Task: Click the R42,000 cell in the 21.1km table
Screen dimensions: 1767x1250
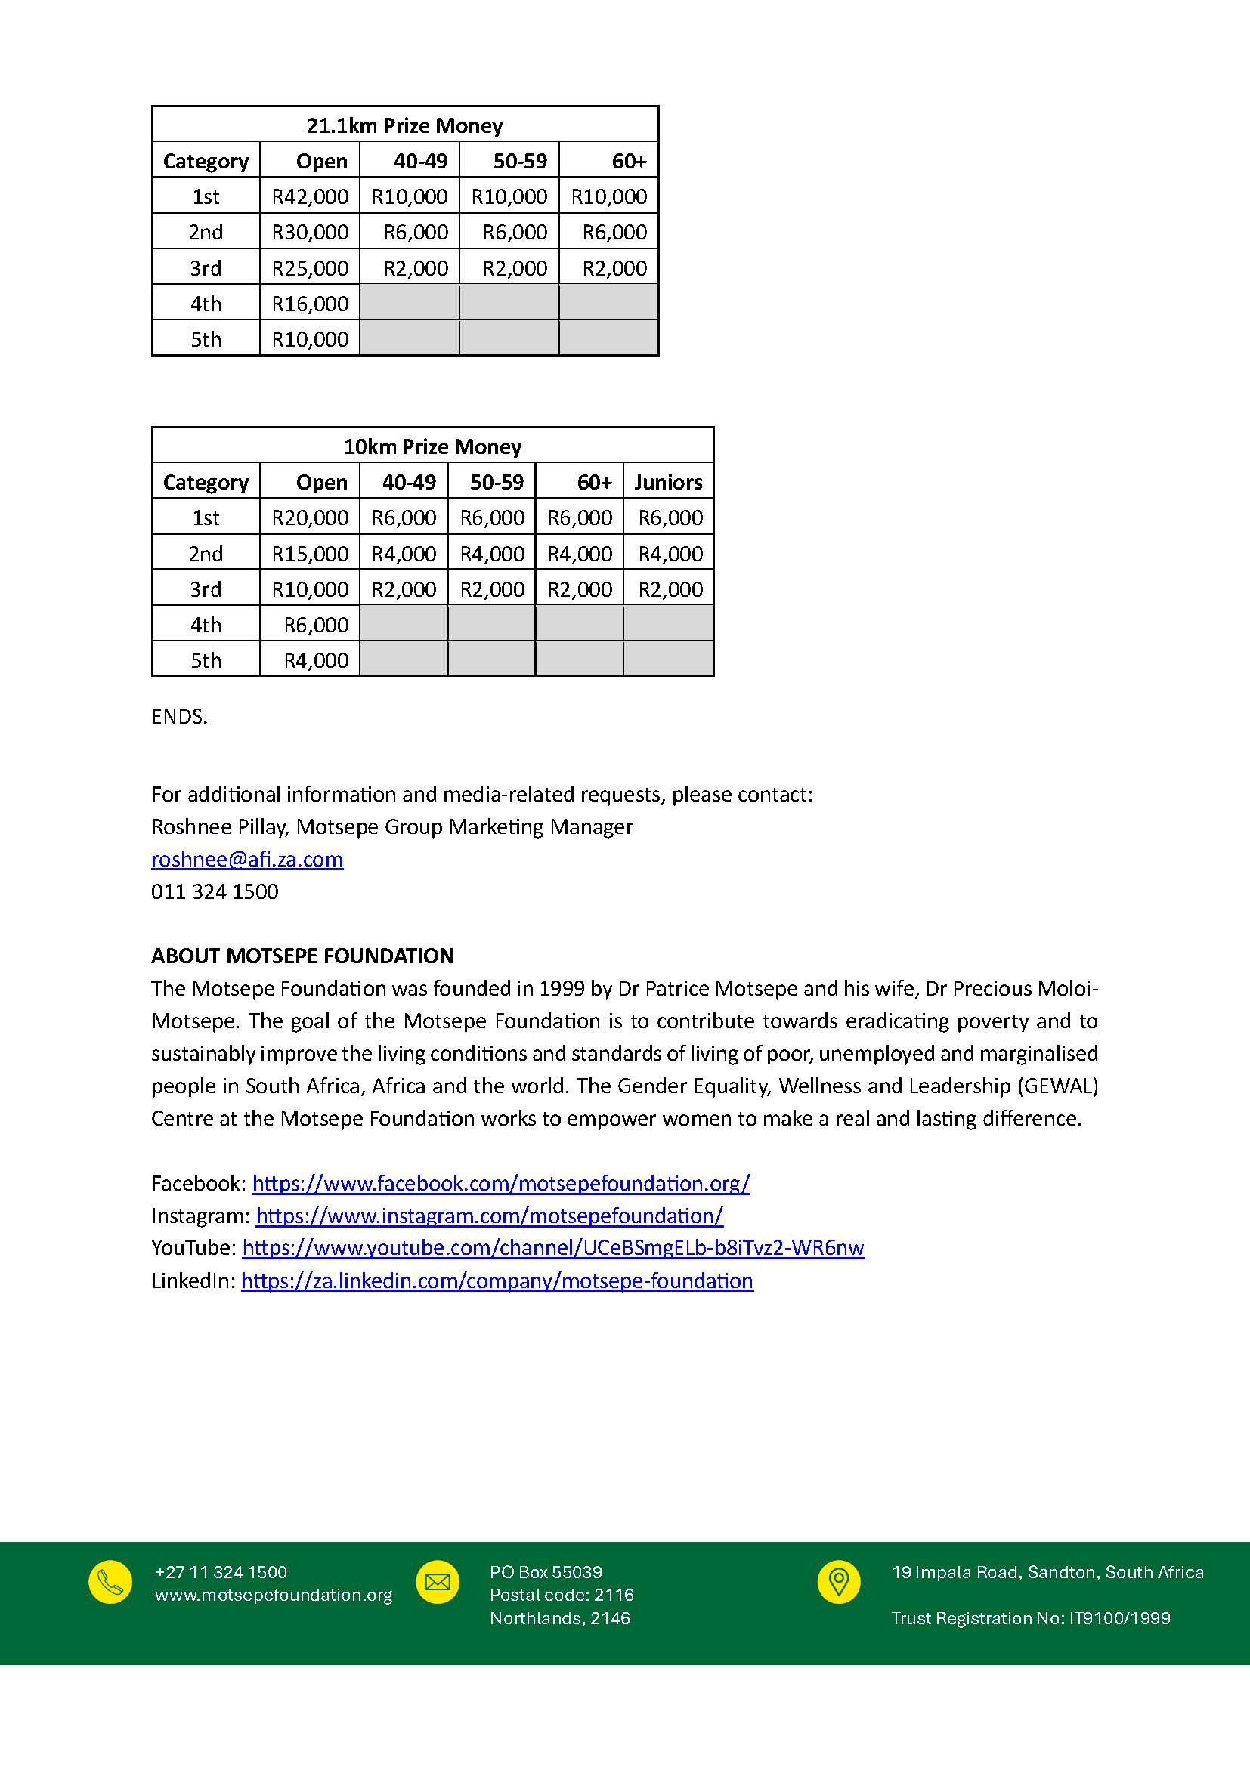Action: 310,197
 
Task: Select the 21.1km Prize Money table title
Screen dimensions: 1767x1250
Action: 404,125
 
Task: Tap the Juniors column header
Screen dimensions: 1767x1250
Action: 668,483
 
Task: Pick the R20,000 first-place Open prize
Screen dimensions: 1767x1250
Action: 310,518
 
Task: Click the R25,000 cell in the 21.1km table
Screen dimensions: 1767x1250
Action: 310,269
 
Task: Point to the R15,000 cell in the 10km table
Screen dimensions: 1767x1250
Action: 310,554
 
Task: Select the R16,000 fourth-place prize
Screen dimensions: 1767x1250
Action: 310,304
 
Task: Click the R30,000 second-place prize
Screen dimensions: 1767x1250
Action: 310,233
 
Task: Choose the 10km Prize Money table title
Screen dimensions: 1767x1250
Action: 432,446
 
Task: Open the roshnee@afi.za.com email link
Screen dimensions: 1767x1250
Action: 247,859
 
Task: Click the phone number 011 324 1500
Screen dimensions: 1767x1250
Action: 215,891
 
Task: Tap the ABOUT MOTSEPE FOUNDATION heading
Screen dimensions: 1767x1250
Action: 302,956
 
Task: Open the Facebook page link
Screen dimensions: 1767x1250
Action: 500,1183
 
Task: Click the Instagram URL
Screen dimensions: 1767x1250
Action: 490,1216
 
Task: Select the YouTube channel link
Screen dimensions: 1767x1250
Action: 552,1247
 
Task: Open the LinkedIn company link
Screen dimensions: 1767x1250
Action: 497,1280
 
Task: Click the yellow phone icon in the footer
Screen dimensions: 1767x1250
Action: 110,1583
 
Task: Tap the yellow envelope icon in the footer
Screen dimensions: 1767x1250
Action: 437,1583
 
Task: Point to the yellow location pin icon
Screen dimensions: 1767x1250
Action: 838,1583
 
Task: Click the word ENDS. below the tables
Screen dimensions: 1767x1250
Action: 179,716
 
